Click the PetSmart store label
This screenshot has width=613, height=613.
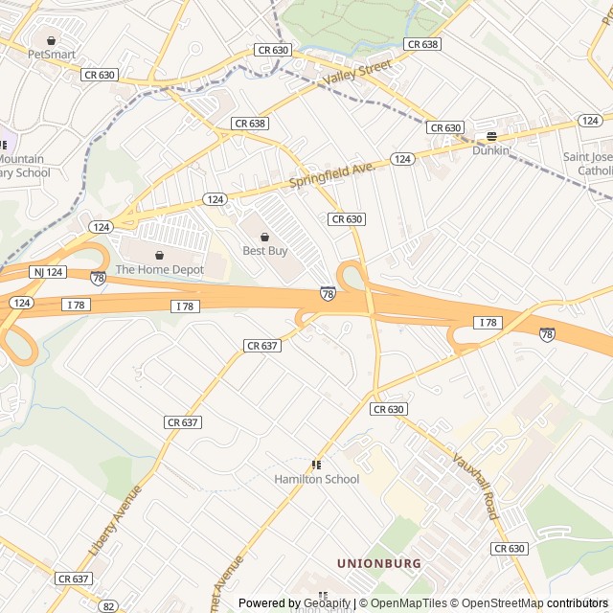[x=52, y=55]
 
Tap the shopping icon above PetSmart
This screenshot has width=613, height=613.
[x=52, y=40]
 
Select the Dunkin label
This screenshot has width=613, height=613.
[x=490, y=150]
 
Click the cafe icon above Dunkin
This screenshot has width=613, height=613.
[x=491, y=137]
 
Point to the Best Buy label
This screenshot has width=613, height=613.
[x=264, y=251]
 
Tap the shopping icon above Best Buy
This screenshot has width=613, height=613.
[x=264, y=237]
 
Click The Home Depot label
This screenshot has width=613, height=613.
[x=160, y=270]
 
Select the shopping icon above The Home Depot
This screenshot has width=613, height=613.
[x=160, y=256]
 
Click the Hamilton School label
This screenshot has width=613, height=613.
[x=316, y=479]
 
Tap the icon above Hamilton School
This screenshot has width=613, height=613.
[x=316, y=465]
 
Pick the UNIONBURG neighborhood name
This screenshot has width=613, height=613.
[x=378, y=563]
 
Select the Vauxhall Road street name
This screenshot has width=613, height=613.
[x=475, y=487]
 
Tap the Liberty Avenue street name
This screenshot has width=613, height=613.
[x=115, y=521]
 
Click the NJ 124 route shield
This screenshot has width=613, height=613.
[x=48, y=273]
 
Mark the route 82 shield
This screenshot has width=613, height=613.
[x=109, y=606]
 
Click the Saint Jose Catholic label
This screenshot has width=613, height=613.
[x=587, y=164]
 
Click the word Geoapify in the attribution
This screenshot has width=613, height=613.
[x=326, y=603]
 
